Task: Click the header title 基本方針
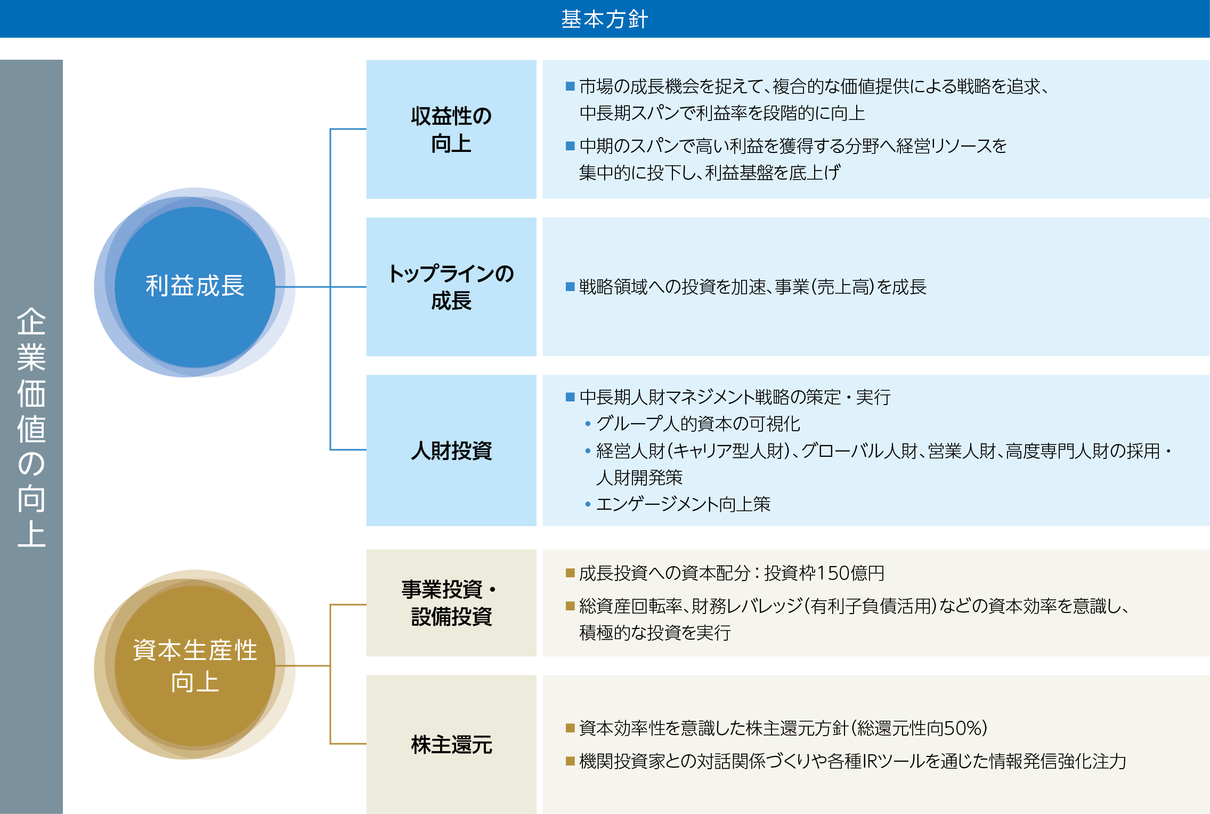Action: [x=604, y=19]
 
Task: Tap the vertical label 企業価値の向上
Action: [x=31, y=427]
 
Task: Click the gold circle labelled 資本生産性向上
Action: [x=195, y=665]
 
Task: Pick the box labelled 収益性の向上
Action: [x=451, y=130]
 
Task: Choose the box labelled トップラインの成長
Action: [x=451, y=287]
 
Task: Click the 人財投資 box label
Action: [x=451, y=450]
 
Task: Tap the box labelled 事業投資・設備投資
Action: [x=451, y=603]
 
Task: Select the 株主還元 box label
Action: [x=451, y=744]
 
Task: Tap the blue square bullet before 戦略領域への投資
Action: [x=570, y=287]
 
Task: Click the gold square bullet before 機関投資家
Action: [x=570, y=761]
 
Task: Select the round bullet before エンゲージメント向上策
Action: [x=588, y=504]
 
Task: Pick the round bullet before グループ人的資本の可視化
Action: [x=588, y=424]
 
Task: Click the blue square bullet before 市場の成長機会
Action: [x=570, y=86]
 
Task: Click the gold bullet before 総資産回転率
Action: [x=570, y=606]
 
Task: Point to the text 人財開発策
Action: [x=639, y=478]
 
